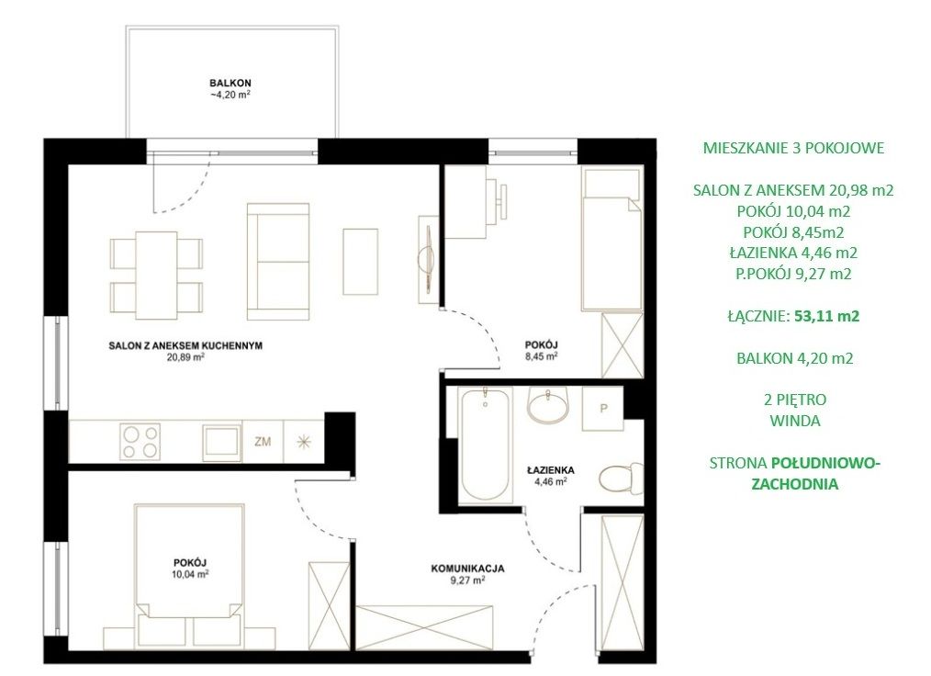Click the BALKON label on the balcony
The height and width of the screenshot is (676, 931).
pyautogui.click(x=230, y=84)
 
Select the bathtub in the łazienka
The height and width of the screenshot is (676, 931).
pyautogui.click(x=486, y=444)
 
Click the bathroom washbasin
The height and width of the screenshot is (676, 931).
pyautogui.click(x=547, y=404)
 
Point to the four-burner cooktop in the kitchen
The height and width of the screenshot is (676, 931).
pyautogui.click(x=140, y=442)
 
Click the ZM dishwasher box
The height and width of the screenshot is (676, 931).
pyautogui.click(x=263, y=442)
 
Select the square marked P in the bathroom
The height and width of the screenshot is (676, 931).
pyautogui.click(x=602, y=409)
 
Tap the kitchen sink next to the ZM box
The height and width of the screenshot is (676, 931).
pyautogui.click(x=221, y=442)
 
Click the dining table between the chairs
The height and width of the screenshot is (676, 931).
pyautogui.click(x=157, y=275)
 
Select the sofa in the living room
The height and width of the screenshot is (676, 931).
pyautogui.click(x=278, y=262)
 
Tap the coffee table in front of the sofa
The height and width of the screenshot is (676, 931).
pyautogui.click(x=361, y=262)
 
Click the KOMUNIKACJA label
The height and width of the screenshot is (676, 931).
pyautogui.click(x=468, y=569)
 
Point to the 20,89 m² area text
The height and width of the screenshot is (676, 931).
pyautogui.click(x=185, y=357)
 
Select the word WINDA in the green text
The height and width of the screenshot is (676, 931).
pyautogui.click(x=795, y=421)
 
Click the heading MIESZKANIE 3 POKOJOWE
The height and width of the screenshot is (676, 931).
pyautogui.click(x=794, y=148)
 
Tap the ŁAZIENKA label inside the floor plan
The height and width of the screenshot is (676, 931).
pyautogui.click(x=550, y=470)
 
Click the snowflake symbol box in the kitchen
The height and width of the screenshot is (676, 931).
pyautogui.click(x=304, y=442)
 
